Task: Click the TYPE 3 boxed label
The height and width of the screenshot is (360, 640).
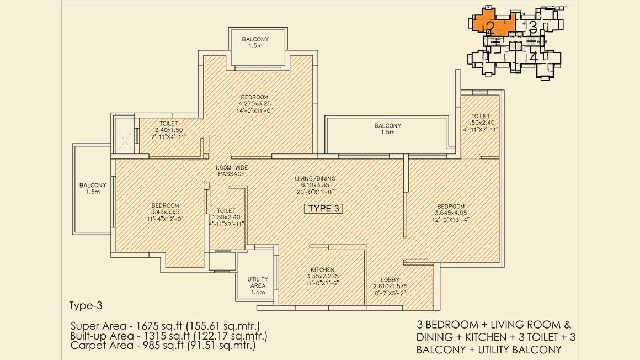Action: pyautogui.click(x=324, y=208)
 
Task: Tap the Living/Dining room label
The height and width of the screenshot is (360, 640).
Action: pyautogui.click(x=315, y=185)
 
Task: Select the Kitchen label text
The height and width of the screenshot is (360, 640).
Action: pyautogui.click(x=322, y=276)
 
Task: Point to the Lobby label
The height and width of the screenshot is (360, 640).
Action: pyautogui.click(x=390, y=286)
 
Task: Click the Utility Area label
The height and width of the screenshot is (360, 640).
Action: pyautogui.click(x=258, y=285)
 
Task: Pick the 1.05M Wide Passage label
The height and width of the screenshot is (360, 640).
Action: pyautogui.click(x=231, y=171)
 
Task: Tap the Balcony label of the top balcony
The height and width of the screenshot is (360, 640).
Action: pyautogui.click(x=255, y=43)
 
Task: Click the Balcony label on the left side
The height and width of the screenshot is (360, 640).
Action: pyautogui.click(x=93, y=188)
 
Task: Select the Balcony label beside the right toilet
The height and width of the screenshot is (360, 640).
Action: pyautogui.click(x=388, y=129)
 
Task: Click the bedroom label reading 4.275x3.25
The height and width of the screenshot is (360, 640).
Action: pyautogui.click(x=254, y=104)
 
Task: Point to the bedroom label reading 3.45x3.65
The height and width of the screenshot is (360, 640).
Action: pyautogui.click(x=165, y=212)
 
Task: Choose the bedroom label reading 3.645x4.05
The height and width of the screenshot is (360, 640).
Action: pyautogui.click(x=451, y=213)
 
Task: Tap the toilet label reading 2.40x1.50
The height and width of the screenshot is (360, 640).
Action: pyautogui.click(x=169, y=130)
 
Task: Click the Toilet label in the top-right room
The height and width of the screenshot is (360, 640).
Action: pyautogui.click(x=481, y=123)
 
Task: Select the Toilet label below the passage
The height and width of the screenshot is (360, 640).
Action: pyautogui.click(x=226, y=218)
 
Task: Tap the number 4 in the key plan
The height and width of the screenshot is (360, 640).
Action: pyautogui.click(x=534, y=57)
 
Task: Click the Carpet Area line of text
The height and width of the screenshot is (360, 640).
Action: pyautogui.click(x=163, y=346)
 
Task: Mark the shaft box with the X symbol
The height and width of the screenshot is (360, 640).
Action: pyautogui.click(x=124, y=136)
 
